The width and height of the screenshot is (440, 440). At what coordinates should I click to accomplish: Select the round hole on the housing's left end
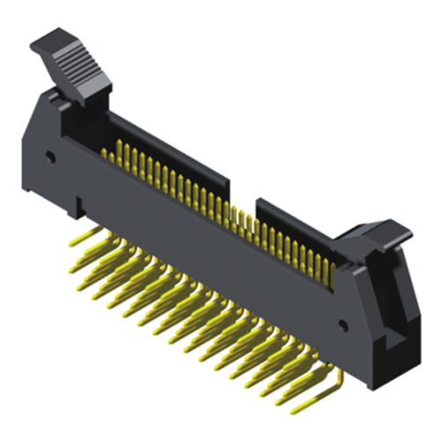click(x=51, y=160)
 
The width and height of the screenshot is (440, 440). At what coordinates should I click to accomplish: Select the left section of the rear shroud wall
click(x=167, y=150)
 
